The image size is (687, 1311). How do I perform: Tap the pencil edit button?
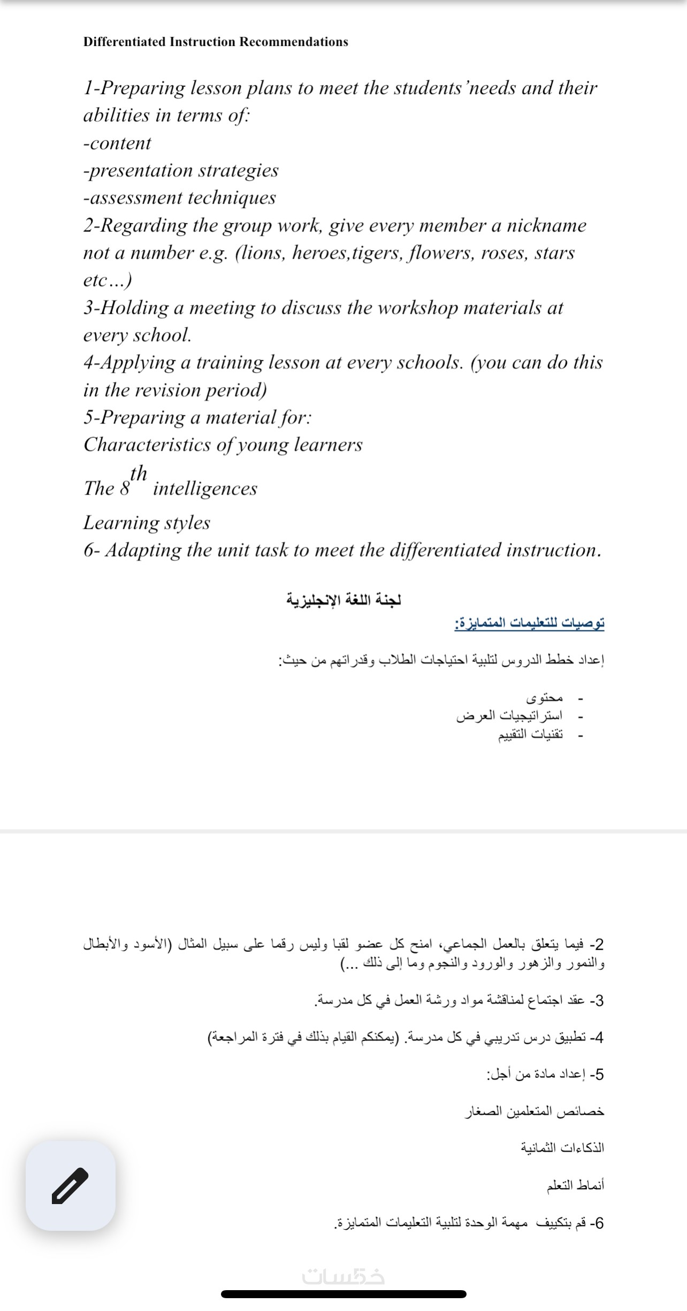point(70,1186)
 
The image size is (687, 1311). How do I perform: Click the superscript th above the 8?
point(138,473)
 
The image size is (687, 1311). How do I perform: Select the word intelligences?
point(205,488)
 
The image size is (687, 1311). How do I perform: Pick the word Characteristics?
point(147,444)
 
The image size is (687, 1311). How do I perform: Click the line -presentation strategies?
point(181,171)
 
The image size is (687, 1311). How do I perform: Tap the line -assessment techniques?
point(179,198)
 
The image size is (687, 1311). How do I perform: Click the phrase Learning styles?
point(147,522)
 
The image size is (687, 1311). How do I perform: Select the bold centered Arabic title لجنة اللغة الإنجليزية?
point(343,600)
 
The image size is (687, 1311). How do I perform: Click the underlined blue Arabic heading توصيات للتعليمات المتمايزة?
point(529,623)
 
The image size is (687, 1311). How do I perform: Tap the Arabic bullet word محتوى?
point(545,698)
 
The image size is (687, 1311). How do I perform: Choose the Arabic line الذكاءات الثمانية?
point(562,1147)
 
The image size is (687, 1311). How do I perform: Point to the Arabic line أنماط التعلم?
point(575,1185)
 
